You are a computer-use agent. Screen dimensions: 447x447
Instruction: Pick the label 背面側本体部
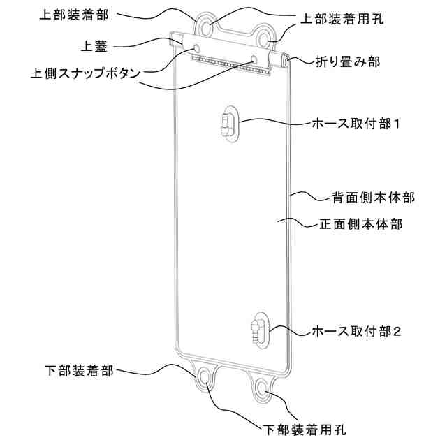click(373, 198)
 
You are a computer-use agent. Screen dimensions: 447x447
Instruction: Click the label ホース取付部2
click(357, 330)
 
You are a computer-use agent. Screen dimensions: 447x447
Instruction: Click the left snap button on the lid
click(196, 47)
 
